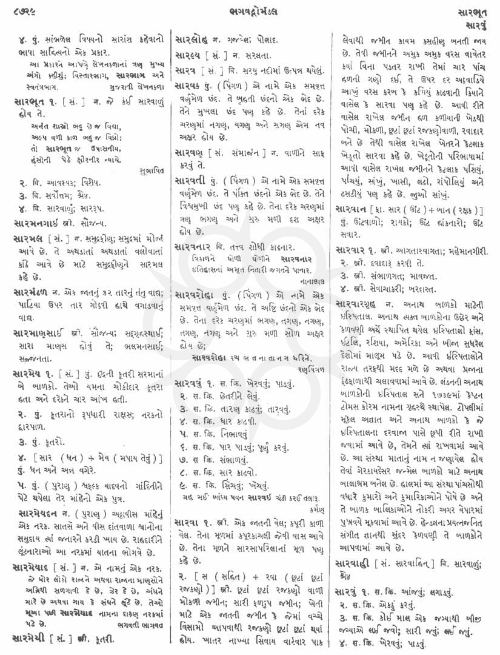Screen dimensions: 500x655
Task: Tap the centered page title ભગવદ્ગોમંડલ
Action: click(250, 10)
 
